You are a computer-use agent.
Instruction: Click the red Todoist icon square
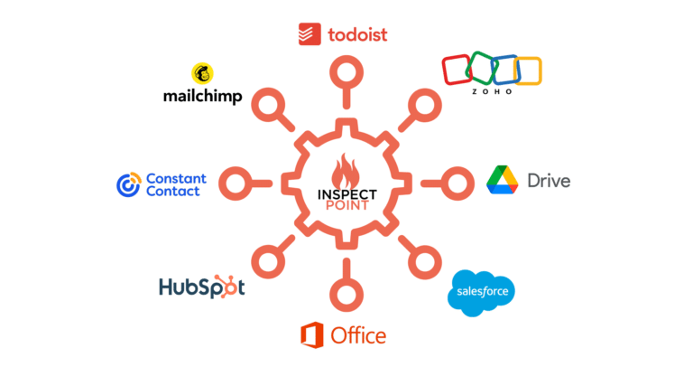pyautogui.click(x=310, y=33)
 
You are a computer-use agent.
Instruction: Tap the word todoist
pyautogui.click(x=356, y=34)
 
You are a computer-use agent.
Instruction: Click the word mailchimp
pyautogui.click(x=202, y=95)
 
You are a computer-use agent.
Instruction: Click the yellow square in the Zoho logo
pyautogui.click(x=527, y=71)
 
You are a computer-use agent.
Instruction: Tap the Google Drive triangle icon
pyautogui.click(x=503, y=180)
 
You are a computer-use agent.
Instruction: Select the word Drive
pyautogui.click(x=549, y=181)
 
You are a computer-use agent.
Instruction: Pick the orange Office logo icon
pyautogui.click(x=312, y=335)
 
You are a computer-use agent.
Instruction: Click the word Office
pyautogui.click(x=358, y=336)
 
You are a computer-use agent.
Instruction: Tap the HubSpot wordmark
pyautogui.click(x=201, y=287)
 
